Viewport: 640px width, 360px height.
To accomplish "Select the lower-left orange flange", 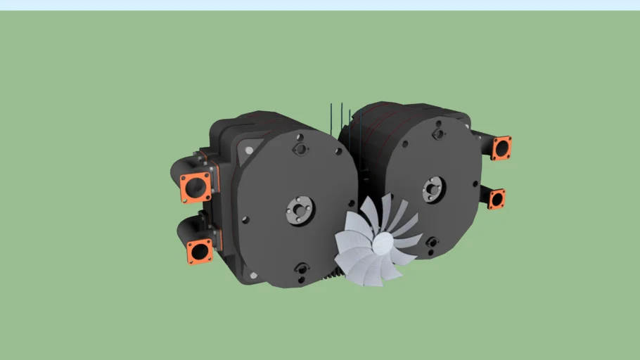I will (200, 251).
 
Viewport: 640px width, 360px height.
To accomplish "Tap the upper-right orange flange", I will (501, 148).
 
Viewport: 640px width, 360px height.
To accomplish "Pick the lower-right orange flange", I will (497, 199).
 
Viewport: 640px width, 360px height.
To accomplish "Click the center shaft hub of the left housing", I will (300, 210).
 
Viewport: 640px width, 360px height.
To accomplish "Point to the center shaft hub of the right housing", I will (433, 188).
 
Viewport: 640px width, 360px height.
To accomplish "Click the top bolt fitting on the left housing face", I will (300, 149).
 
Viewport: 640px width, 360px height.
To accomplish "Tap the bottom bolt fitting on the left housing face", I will (302, 269).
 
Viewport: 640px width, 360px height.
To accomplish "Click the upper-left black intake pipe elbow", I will (181, 168).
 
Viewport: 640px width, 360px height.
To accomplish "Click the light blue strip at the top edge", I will (320, 5).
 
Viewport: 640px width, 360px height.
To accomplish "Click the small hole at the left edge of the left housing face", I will (245, 219).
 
